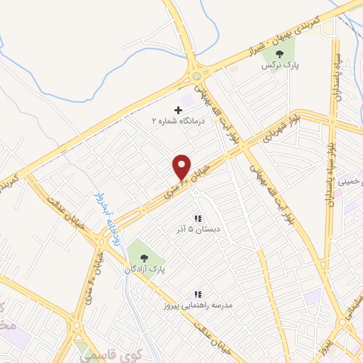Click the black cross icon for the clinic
pyautogui.click(x=177, y=110)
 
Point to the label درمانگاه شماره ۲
pyautogui.click(x=177, y=121)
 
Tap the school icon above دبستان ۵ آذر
pyautogui.click(x=199, y=219)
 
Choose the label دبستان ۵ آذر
pyautogui.click(x=199, y=230)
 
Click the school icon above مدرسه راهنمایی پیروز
pyautogui.click(x=199, y=294)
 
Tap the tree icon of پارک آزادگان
pyautogui.click(x=145, y=258)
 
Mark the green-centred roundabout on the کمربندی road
pyautogui.click(x=196, y=76)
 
